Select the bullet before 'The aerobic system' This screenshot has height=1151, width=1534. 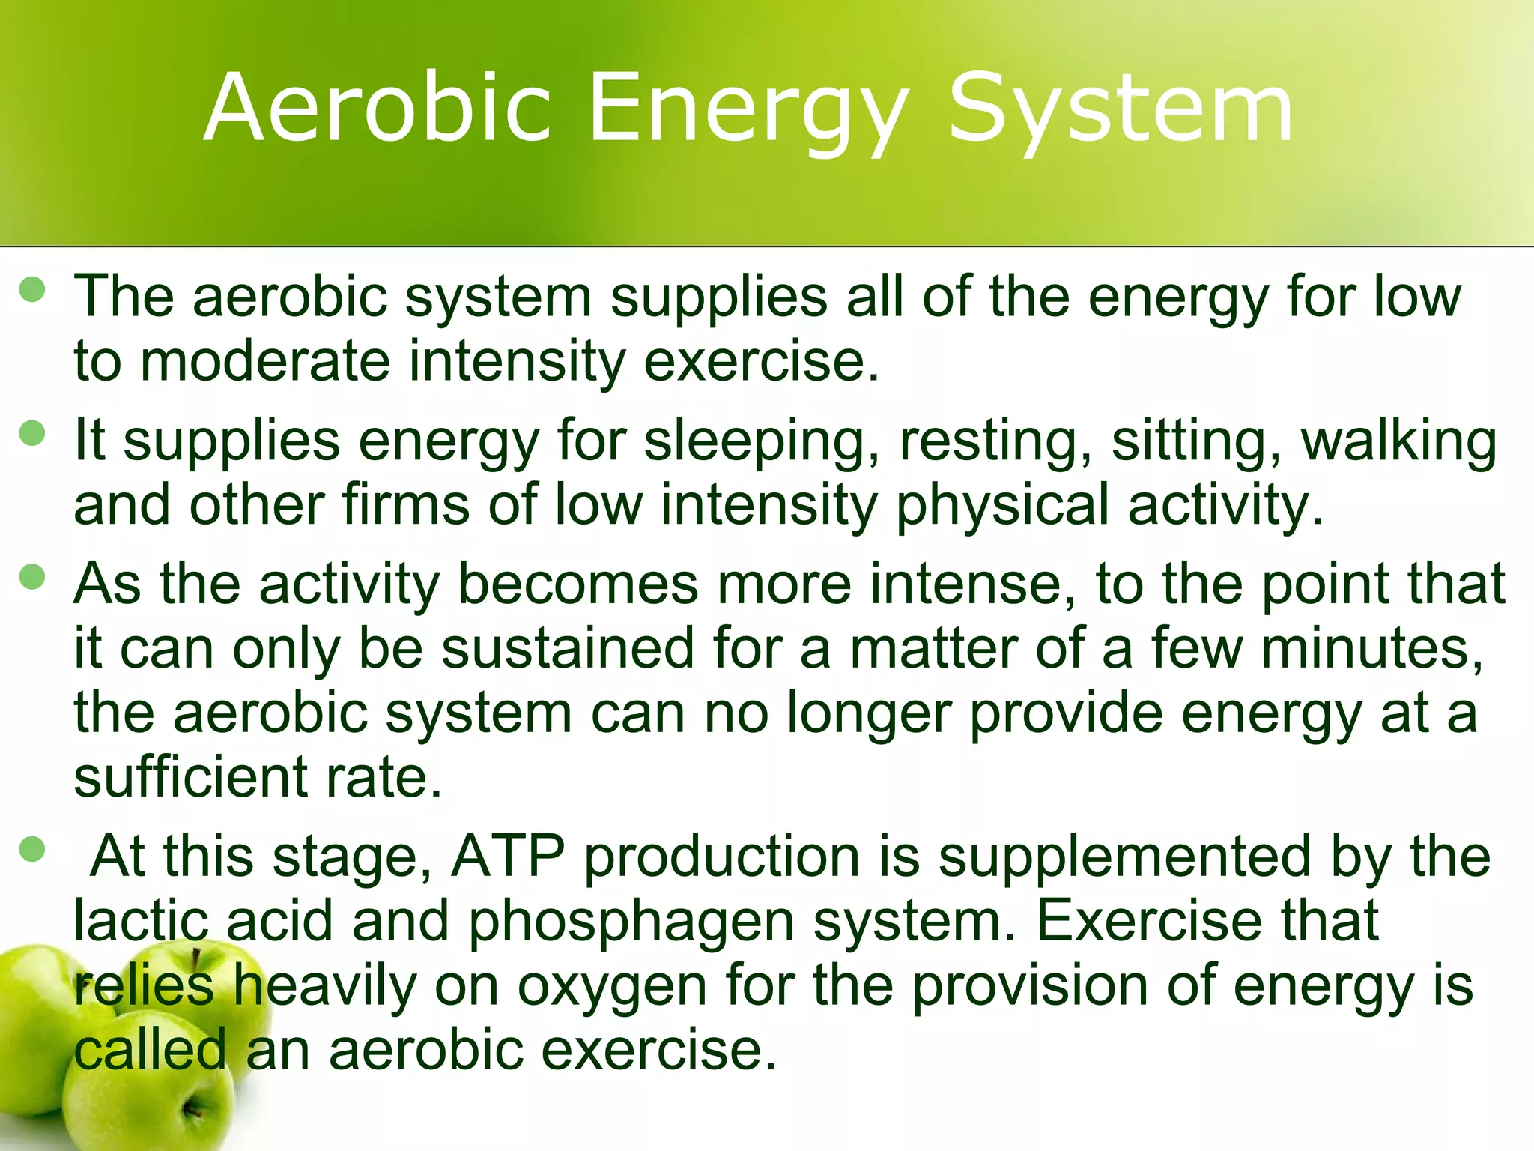coord(33,289)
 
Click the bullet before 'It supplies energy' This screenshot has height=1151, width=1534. coord(33,433)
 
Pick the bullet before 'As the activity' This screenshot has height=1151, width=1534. coord(33,577)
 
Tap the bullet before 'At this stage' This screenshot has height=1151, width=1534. coord(33,850)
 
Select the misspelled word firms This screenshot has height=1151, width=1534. coord(405,504)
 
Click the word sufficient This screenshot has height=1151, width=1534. coord(190,776)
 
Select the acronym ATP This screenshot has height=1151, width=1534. coord(508,856)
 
